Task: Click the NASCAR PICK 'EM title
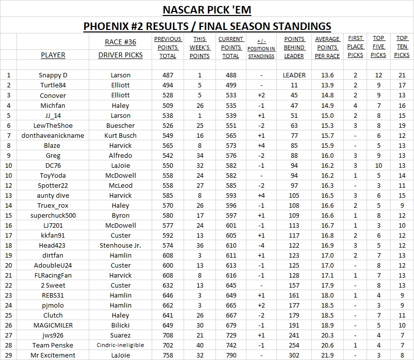[207, 9]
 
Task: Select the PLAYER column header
[53, 55]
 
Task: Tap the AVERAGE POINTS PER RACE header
[327, 47]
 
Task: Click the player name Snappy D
[53, 75]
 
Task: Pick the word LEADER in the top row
[294, 75]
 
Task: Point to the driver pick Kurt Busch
[120, 135]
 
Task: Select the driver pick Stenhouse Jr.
[120, 245]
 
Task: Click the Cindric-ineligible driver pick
[120, 345]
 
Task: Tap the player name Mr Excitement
[53, 355]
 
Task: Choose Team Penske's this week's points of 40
[200, 345]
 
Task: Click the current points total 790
[230, 355]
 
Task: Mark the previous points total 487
[168, 75]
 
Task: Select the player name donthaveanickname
[53, 135]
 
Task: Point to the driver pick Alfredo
[120, 155]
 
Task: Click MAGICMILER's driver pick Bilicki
[120, 325]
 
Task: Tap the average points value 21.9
[327, 355]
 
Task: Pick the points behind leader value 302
[294, 355]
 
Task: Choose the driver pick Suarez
[120, 335]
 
